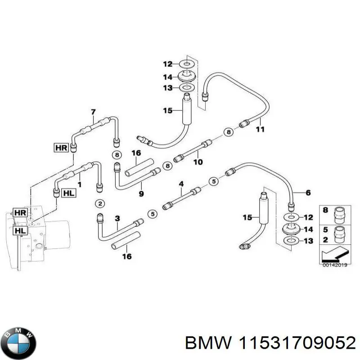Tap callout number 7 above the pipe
click(93, 112)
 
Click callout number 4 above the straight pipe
click(181, 184)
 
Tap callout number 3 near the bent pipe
click(117, 219)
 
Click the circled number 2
click(99, 204)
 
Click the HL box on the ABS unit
click(21, 230)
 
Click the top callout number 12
click(167, 63)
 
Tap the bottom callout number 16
click(127, 256)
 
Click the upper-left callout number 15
click(167, 110)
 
